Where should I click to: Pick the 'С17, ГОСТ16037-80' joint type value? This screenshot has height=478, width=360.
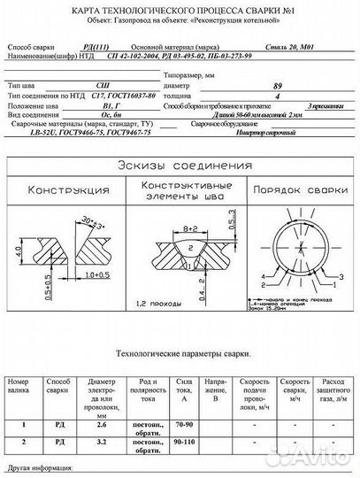(x=111, y=96)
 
